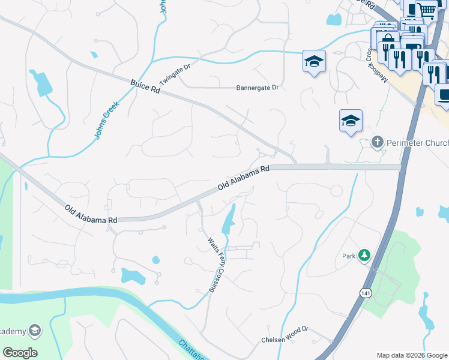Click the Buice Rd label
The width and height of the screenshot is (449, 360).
[147, 86]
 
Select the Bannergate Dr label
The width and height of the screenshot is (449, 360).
[258, 88]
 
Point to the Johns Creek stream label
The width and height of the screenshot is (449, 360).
[107, 120]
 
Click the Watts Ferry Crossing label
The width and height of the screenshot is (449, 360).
[212, 265]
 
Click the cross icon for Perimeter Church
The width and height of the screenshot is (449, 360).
[378, 142]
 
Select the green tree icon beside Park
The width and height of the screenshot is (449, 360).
[364, 256]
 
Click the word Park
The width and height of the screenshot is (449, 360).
[349, 256]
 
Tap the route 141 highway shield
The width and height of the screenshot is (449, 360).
[365, 292]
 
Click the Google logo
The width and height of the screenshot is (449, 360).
[20, 352]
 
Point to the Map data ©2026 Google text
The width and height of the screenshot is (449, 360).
[412, 355]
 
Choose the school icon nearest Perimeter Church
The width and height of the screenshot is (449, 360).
[351, 121]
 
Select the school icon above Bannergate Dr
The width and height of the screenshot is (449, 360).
[313, 61]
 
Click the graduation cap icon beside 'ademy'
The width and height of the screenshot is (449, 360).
[35, 331]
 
